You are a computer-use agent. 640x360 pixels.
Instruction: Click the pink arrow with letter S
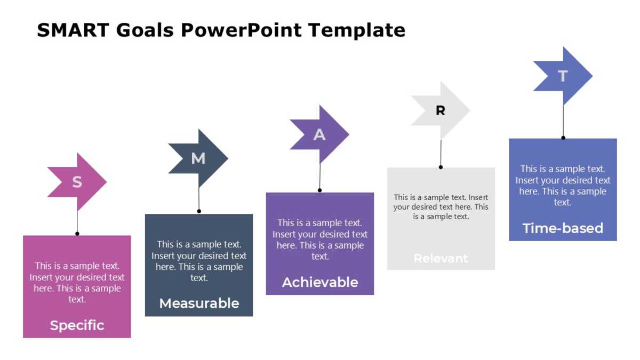77,182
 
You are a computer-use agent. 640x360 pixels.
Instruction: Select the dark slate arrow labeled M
198,158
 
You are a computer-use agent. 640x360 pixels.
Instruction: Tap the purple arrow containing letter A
319,134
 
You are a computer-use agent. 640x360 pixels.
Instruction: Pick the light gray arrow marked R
441,111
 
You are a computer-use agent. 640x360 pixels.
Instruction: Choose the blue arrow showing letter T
563,76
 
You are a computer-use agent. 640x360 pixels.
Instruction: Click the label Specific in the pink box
77,325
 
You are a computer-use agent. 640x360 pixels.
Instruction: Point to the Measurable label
199,303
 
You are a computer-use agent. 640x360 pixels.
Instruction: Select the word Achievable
320,282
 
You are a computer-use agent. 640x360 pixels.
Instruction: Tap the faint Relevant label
441,259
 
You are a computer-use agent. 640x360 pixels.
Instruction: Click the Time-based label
563,228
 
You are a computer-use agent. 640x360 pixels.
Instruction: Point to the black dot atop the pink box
77,234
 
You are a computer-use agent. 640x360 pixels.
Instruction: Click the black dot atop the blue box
563,138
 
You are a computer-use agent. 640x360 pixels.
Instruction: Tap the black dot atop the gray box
441,167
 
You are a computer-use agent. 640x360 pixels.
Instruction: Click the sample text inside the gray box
441,207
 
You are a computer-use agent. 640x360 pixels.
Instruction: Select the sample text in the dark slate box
199,261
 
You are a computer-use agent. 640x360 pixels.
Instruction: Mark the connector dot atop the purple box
320,190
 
